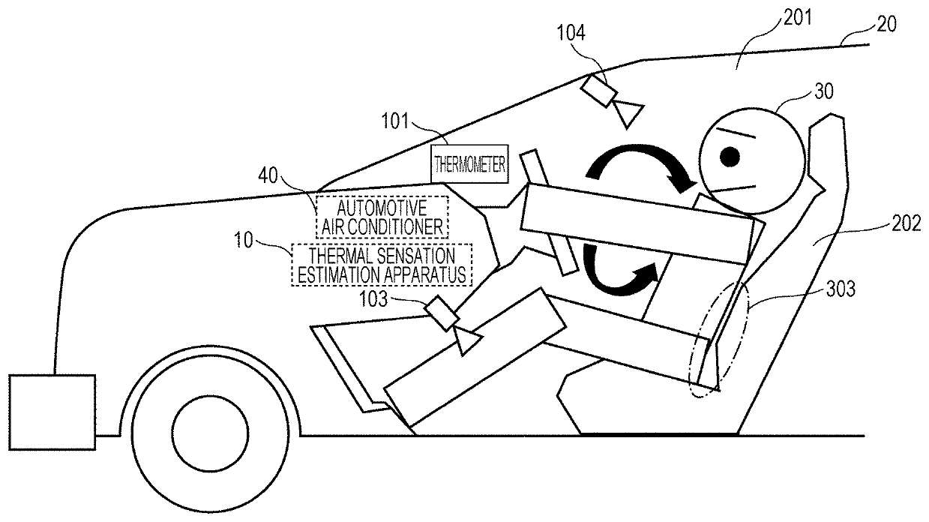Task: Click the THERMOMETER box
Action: (469, 163)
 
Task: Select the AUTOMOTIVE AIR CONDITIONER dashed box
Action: (382, 215)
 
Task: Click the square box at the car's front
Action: (52, 411)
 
